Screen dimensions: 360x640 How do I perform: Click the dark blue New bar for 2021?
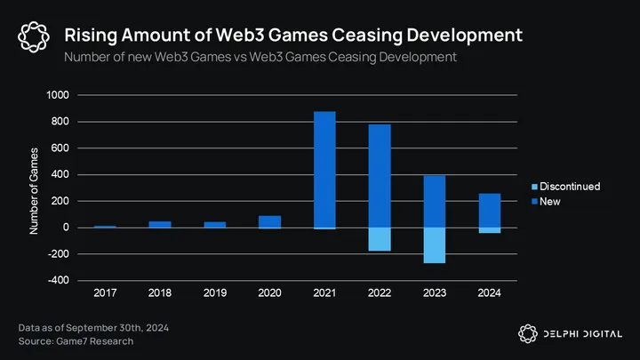324,169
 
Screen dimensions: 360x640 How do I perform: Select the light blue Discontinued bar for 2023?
435,244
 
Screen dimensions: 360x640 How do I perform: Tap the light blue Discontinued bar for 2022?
380,238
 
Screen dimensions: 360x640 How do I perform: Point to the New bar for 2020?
269,221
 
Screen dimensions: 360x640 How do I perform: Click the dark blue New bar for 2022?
380,175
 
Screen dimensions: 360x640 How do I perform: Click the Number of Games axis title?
35,190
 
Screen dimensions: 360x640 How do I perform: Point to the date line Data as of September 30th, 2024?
94,329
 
